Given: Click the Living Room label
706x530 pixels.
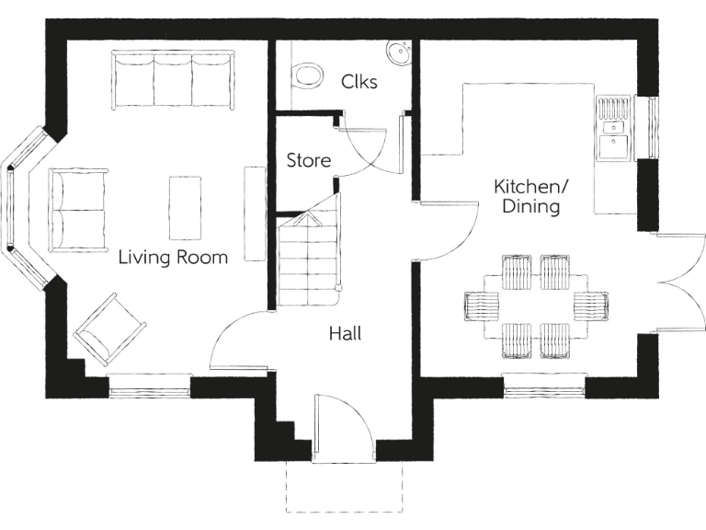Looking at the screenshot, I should coord(173,258).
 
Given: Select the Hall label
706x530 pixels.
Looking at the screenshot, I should coord(345,333).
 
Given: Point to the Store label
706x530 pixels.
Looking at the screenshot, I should coord(308,161).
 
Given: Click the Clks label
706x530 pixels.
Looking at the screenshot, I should coord(359,81).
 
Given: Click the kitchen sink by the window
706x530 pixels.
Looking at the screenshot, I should coord(611,144).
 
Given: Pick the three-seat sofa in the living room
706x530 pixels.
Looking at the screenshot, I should coord(172,80).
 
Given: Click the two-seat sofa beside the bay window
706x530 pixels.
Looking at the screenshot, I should coord(78,210).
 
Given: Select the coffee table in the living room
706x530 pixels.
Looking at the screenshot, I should coord(184,207).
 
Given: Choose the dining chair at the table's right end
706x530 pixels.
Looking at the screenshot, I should coord(590,305).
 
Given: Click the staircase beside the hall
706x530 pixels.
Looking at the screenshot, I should coord(306,262).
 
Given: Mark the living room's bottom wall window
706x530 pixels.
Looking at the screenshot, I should coord(150,386).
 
